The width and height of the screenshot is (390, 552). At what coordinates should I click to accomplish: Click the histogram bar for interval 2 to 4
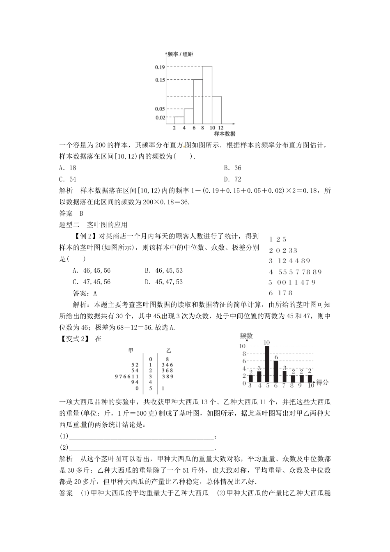pos(179,120)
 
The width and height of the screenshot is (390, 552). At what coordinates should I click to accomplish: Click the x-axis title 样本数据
pos(225,133)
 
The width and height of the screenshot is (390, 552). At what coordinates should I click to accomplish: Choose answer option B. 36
pos(232,168)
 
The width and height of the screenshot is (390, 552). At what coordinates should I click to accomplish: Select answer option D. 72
pos(232,179)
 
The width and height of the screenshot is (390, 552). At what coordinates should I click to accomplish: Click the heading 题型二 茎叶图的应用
pos(94,224)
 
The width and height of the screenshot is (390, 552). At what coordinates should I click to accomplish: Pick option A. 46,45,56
pos(92,271)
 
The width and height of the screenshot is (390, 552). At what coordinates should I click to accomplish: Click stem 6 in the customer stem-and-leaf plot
pos(271,293)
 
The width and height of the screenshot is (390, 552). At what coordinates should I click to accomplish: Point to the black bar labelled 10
pos(267,364)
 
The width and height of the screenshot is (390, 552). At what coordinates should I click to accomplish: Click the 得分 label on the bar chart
pos(323,382)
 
